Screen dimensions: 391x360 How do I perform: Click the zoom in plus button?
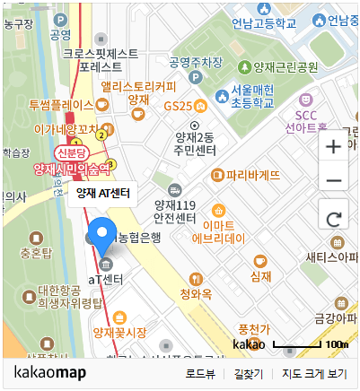click(x=333, y=145)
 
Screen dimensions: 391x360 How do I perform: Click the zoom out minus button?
click(x=333, y=180)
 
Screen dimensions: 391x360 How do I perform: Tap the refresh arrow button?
click(x=333, y=218)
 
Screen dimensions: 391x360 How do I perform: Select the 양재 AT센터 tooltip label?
click(x=102, y=193)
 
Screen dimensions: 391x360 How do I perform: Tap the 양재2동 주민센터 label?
click(x=195, y=143)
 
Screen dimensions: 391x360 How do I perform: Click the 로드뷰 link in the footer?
click(x=200, y=373)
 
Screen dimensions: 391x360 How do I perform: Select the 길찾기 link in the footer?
click(x=248, y=373)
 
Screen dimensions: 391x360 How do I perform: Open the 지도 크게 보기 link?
click(x=313, y=373)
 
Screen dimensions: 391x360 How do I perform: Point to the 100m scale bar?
click(x=297, y=344)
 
